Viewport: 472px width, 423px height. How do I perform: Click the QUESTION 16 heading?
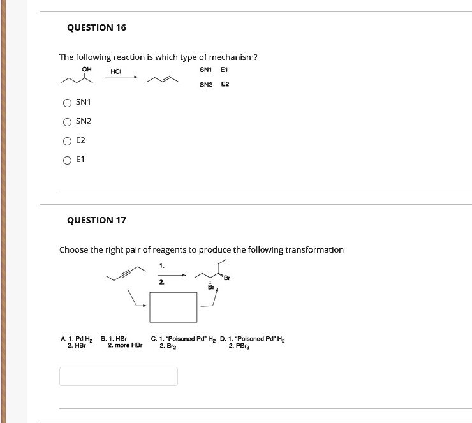click(x=96, y=27)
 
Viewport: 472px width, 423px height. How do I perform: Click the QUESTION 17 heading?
click(x=96, y=220)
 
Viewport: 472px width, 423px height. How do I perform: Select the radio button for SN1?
click(x=67, y=103)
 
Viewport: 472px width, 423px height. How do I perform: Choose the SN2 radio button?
click(x=67, y=122)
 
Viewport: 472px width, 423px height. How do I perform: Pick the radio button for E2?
click(x=67, y=141)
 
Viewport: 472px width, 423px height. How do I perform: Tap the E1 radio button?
click(x=67, y=160)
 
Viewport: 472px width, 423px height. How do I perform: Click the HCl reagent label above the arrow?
click(x=116, y=71)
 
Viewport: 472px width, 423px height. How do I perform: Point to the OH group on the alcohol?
click(x=87, y=70)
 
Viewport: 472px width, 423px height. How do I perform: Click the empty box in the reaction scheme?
click(x=173, y=307)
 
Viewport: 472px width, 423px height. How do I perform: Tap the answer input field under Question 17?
click(x=119, y=376)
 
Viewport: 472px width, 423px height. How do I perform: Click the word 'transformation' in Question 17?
click(x=314, y=249)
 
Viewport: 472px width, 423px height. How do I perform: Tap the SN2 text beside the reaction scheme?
click(x=205, y=84)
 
